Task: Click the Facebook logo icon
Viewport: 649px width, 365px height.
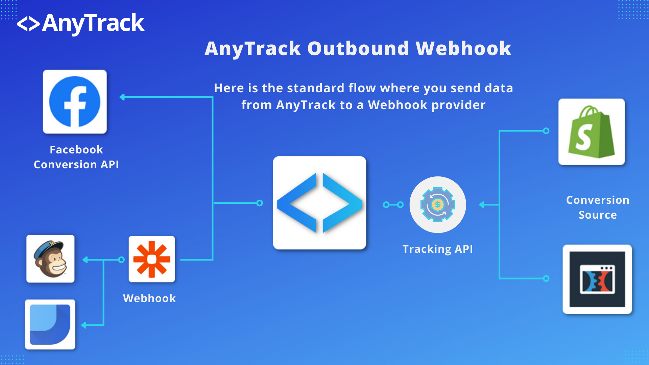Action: tap(75, 102)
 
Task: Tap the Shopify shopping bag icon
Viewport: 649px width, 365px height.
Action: tap(592, 132)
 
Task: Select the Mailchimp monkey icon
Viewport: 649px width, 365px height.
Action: tap(50, 259)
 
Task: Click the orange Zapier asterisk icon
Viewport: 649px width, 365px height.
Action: tap(152, 259)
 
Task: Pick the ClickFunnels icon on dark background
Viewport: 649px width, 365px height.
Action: tap(597, 279)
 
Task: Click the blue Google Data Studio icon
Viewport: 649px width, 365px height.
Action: tap(50, 324)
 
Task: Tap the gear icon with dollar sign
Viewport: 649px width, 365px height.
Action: tap(438, 204)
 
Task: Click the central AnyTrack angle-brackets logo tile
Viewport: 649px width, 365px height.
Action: tap(319, 203)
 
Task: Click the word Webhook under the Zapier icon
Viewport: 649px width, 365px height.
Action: tap(149, 298)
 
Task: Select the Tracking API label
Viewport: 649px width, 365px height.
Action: tap(438, 249)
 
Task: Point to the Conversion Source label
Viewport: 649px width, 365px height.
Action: tap(598, 208)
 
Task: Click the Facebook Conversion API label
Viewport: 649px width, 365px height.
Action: tap(76, 157)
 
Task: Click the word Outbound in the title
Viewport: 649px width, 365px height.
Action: tap(358, 48)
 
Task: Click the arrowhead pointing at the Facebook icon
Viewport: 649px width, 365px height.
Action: tap(122, 97)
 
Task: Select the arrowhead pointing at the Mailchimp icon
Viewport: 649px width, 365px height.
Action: tap(85, 260)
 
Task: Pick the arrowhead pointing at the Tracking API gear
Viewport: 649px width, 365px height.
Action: tap(482, 204)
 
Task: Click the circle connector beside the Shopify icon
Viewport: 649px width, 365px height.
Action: tap(546, 131)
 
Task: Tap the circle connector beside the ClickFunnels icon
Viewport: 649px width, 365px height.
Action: tap(546, 278)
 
